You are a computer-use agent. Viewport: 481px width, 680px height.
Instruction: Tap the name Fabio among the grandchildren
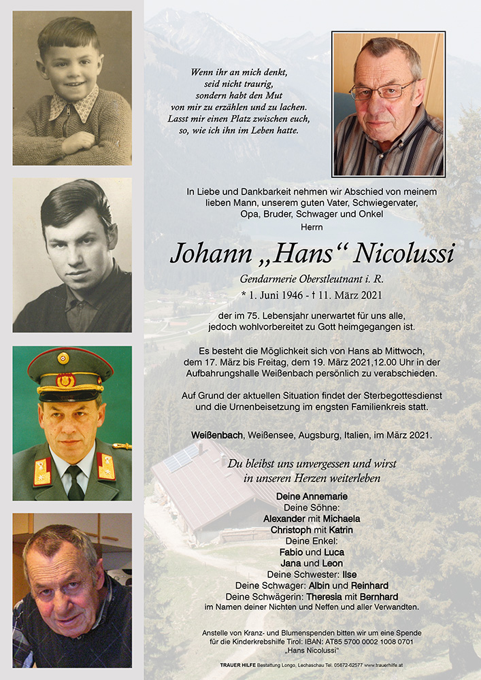pyautogui.click(x=291, y=552)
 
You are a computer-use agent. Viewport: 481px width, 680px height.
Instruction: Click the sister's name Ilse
pyautogui.click(x=350, y=574)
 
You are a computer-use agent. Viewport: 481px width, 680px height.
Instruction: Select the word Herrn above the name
pyautogui.click(x=312, y=227)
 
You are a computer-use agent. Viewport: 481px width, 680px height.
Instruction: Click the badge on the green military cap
pyautogui.click(x=63, y=359)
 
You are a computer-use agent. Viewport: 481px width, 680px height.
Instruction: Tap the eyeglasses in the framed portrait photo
pyautogui.click(x=382, y=90)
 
